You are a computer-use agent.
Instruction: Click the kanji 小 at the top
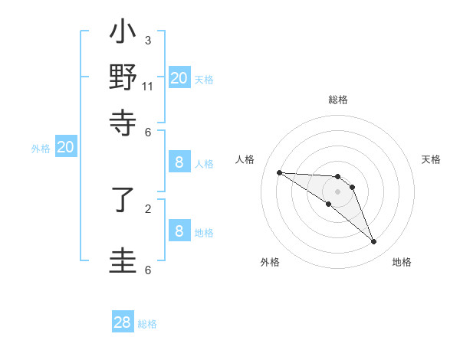point(123,34)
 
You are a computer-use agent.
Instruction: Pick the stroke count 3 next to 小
point(148,40)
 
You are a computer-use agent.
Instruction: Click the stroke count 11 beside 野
point(148,86)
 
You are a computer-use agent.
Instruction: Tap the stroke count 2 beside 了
point(148,208)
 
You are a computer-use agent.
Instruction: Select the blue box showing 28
point(123,322)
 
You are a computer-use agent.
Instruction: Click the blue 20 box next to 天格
point(179,77)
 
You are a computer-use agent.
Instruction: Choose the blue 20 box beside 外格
point(66,148)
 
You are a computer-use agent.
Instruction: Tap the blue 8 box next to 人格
point(179,162)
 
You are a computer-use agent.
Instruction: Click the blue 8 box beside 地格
point(179,231)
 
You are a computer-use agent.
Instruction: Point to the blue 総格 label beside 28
point(147,324)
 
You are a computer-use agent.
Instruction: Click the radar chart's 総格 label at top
point(338,100)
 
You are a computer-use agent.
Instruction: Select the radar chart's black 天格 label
point(431,159)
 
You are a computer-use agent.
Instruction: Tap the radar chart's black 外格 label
point(270,262)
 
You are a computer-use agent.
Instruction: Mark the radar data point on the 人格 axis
point(279,172)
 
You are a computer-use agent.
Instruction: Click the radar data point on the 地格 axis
point(373,242)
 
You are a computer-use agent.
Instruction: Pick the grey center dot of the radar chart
point(337,191)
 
